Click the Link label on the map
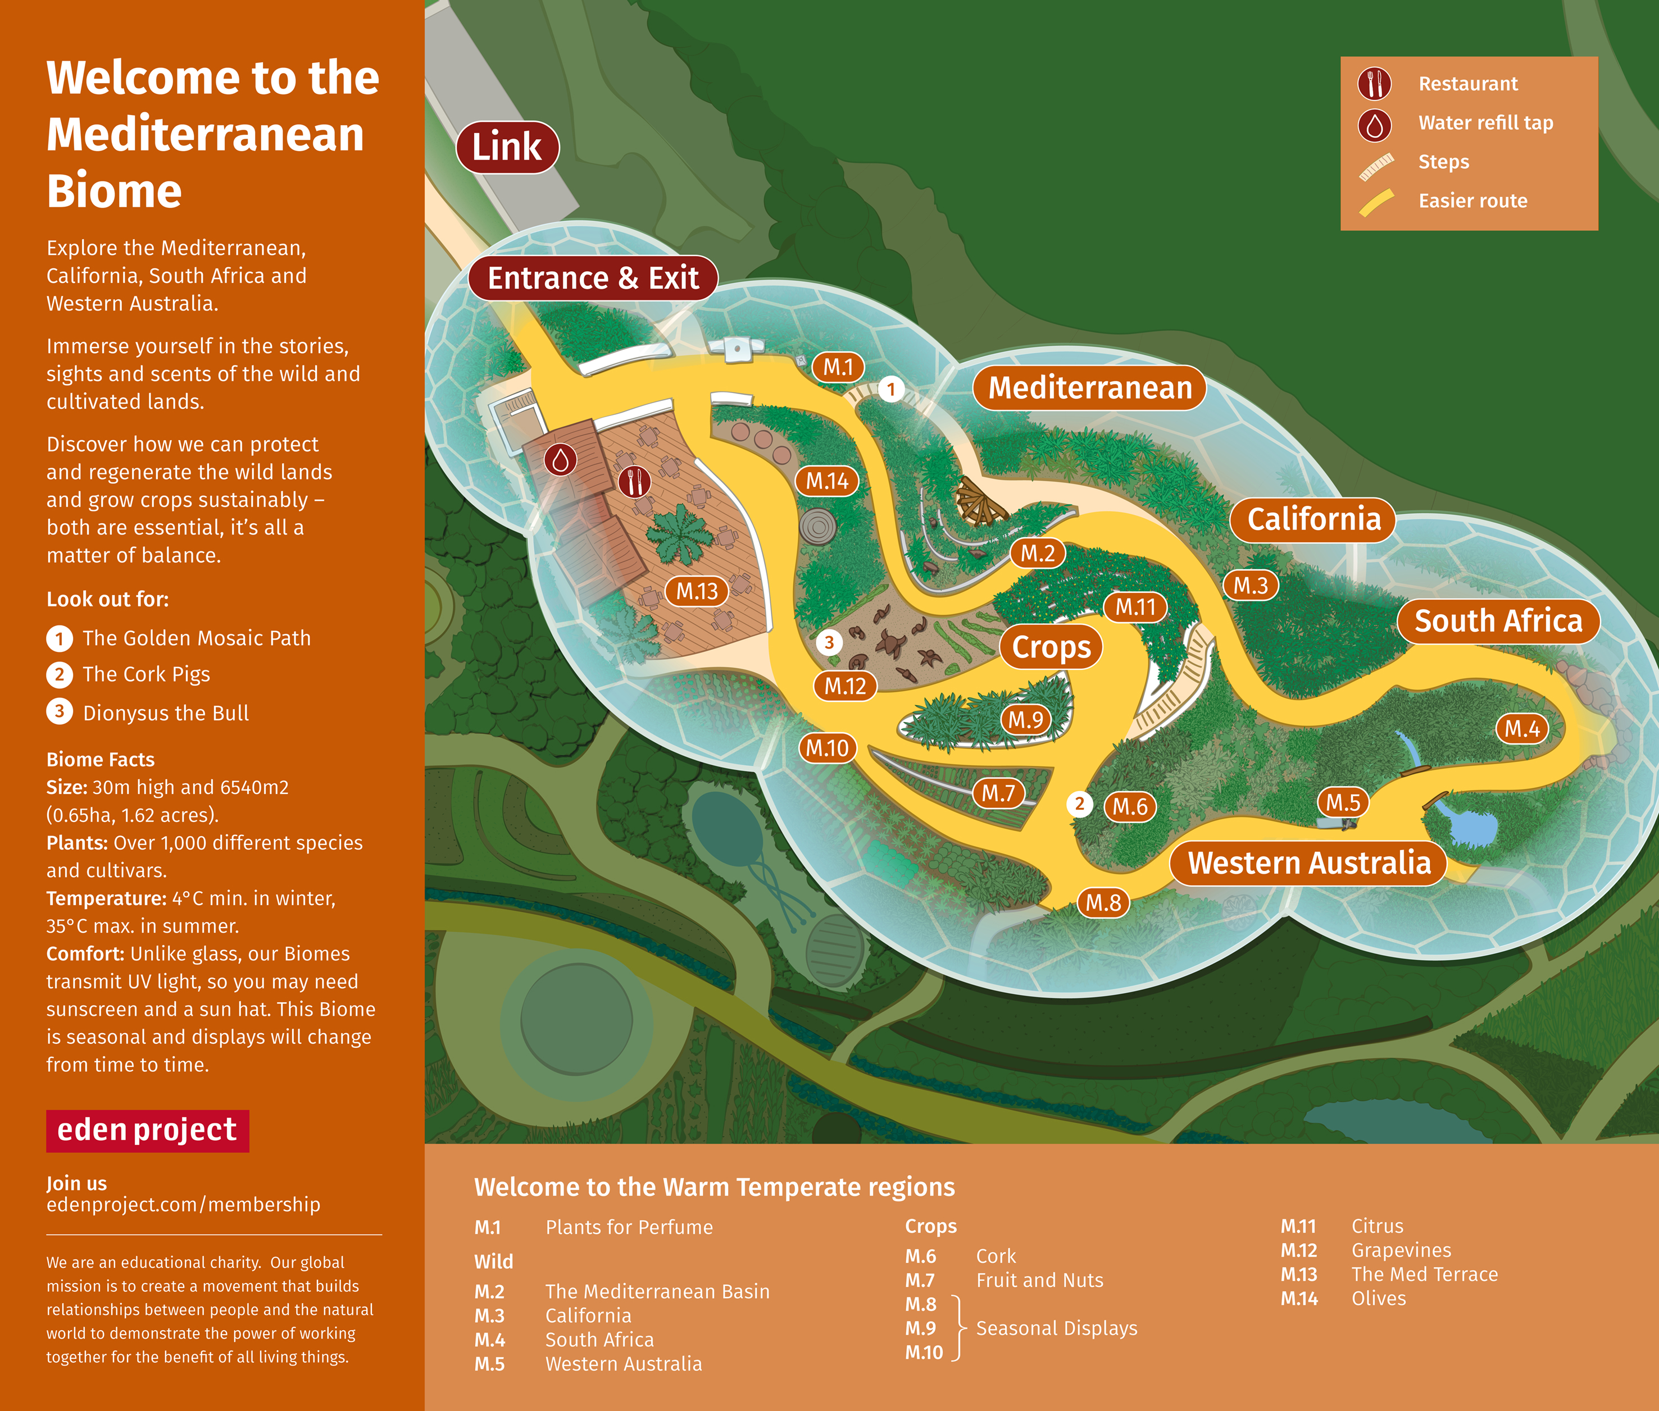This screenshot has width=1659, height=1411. click(x=507, y=147)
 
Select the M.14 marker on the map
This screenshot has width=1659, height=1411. click(x=827, y=481)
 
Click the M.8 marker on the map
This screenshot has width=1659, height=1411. click(x=1103, y=903)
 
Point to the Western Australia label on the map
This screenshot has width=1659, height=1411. click(x=1308, y=863)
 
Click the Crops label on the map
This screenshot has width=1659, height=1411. click(x=1051, y=647)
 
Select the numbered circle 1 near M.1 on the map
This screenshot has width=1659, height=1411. click(x=890, y=390)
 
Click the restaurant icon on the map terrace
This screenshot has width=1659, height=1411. click(x=635, y=482)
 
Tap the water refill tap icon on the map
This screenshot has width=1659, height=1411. click(x=560, y=460)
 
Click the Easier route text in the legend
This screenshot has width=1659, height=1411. click(x=1472, y=201)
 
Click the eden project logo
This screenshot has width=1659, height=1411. click(x=147, y=1130)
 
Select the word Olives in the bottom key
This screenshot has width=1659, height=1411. click(x=1378, y=1298)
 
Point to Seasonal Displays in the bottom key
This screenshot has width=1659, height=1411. click(x=1056, y=1328)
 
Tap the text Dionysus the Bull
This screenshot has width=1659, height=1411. click(x=166, y=713)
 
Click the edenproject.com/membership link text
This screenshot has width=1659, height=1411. click(x=183, y=1204)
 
